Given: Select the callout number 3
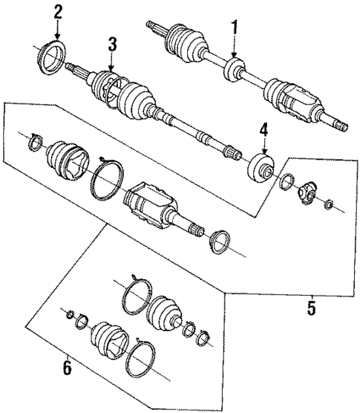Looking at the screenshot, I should point(111,45).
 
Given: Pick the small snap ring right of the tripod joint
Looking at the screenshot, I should point(330,204).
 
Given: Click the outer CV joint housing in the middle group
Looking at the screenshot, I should point(150,204).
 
